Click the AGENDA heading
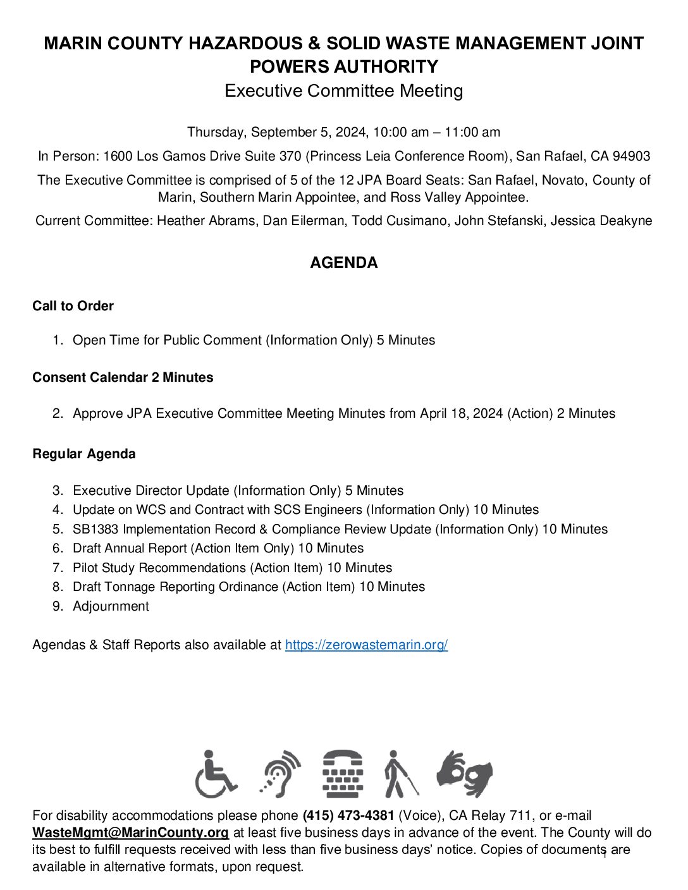coord(343,263)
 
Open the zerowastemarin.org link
coord(366,645)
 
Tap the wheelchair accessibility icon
coord(216,774)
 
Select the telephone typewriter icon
coord(343,774)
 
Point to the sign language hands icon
coord(465,774)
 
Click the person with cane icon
coord(400,774)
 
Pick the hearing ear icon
coord(280,774)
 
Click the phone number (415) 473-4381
coord(348,815)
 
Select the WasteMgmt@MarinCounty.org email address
coord(130,832)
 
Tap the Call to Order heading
coord(73,306)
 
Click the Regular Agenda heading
coord(83,454)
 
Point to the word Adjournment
coord(111,606)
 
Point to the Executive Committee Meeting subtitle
coord(343,91)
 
